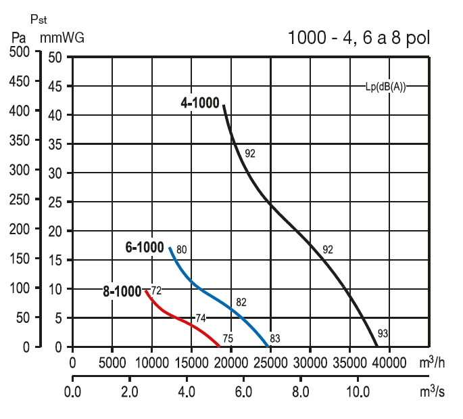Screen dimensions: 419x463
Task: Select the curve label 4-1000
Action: point(201,104)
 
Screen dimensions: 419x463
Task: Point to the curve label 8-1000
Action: point(122,292)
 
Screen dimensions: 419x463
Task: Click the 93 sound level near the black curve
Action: point(384,333)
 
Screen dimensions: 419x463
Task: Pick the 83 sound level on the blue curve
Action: point(275,338)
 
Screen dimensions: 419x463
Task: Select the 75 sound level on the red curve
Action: point(228,338)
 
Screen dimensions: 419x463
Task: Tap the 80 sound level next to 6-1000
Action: point(181,250)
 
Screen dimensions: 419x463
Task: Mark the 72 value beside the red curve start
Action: point(156,290)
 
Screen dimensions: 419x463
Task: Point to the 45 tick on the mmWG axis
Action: point(55,87)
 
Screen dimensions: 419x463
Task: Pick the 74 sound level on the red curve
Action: point(201,317)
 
